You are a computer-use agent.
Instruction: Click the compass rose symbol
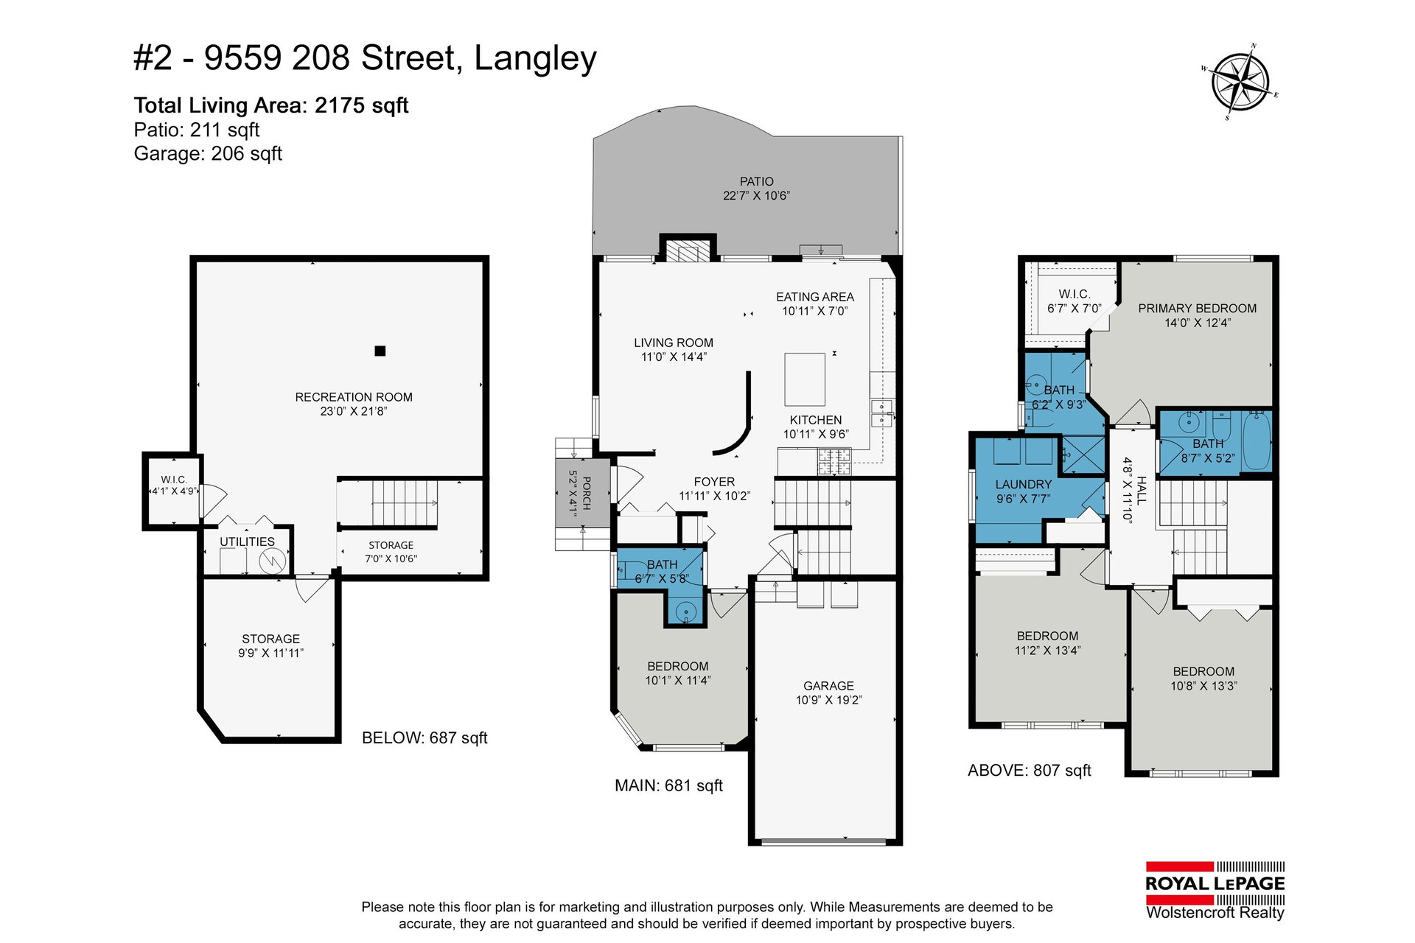click(x=1241, y=82)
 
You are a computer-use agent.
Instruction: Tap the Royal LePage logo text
click(x=1215, y=883)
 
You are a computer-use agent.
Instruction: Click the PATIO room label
click(x=757, y=181)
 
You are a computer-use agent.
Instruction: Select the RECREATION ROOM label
click(x=354, y=397)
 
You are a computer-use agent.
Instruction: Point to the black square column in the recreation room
click(x=380, y=351)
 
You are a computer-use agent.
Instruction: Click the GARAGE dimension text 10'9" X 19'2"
click(x=829, y=700)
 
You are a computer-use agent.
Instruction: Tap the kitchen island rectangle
click(x=805, y=379)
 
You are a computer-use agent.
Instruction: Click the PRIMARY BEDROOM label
click(x=1198, y=309)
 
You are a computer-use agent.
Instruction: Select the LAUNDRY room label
click(x=1024, y=484)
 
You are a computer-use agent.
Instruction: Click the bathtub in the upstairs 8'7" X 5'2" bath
click(x=1257, y=441)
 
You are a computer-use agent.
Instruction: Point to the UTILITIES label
click(x=247, y=541)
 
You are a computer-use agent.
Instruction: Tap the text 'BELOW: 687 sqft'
click(x=424, y=738)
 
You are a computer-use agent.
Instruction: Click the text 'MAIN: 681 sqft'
click(x=668, y=786)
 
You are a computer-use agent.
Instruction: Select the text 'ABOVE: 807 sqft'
click(x=1030, y=771)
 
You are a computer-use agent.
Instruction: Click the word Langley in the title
click(x=535, y=59)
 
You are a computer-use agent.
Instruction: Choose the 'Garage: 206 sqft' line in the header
click(x=208, y=154)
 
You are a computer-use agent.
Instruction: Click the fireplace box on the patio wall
click(x=688, y=248)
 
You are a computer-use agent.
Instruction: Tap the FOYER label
click(x=714, y=482)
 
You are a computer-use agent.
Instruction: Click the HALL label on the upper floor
click(x=1142, y=490)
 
